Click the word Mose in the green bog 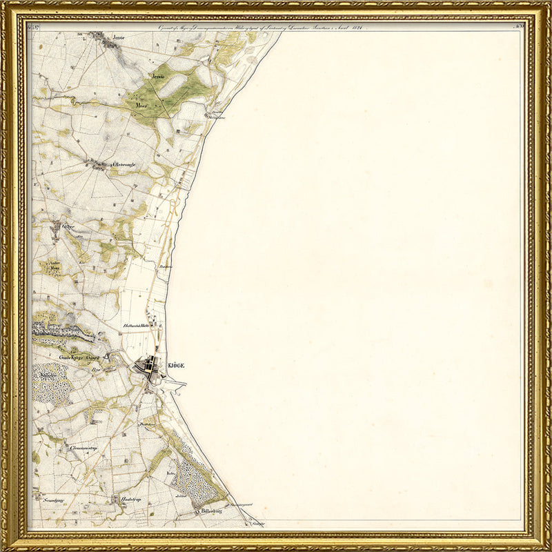pos(143,105)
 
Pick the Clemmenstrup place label pos(83,448)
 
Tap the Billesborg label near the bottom pos(213,511)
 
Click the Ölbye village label pos(68,226)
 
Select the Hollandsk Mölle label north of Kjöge pos(137,324)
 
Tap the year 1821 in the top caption pos(356,28)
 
